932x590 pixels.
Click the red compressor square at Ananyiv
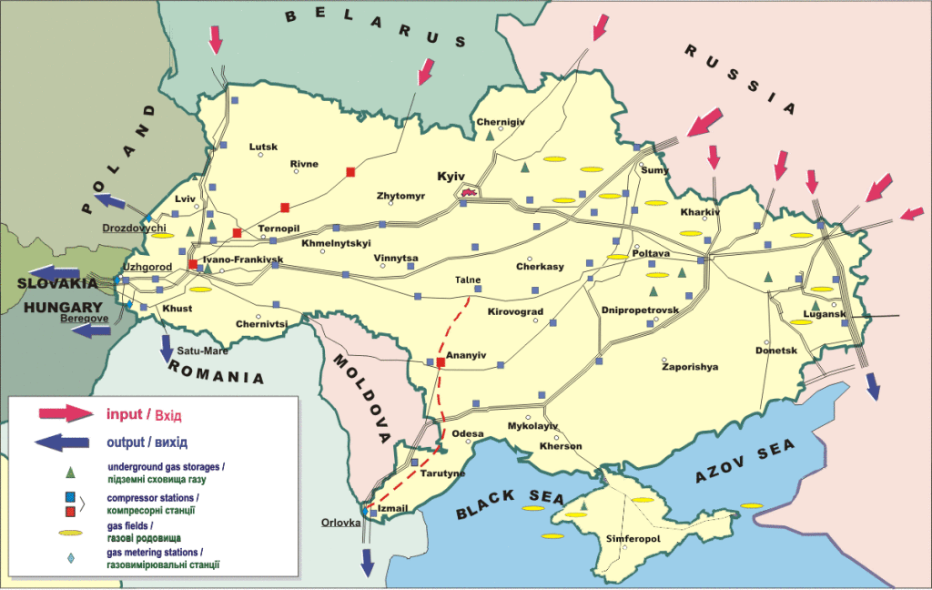(x=441, y=362)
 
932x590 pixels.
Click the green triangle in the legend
(x=69, y=473)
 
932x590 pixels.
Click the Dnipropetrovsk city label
(x=640, y=310)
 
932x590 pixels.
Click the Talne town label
(x=469, y=280)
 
